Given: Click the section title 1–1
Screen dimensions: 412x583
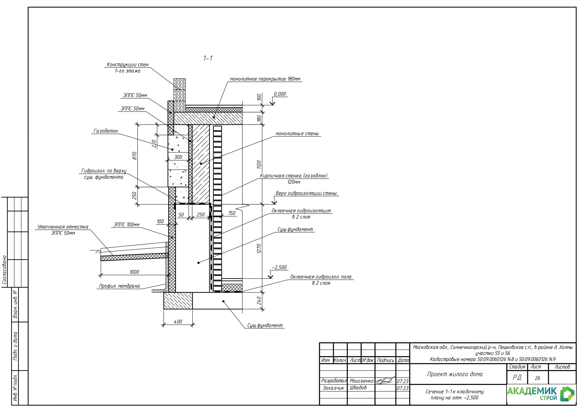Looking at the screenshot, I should click(208, 58).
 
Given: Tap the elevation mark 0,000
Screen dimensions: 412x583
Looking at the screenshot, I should click(280, 94).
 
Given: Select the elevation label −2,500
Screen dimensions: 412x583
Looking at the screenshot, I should click(279, 267).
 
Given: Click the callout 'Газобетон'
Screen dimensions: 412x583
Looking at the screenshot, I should click(106, 131).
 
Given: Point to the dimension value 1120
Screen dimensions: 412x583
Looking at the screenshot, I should click(259, 165).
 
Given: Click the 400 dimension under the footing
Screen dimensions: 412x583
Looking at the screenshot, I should click(178, 322).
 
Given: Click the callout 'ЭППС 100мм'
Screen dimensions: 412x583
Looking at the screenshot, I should click(126, 225).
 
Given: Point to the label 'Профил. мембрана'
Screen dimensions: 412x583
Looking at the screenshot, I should click(119, 286).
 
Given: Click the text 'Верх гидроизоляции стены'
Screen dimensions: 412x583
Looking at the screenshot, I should click(306, 193).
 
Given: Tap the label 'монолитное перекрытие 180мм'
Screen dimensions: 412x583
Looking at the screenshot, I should click(265, 79).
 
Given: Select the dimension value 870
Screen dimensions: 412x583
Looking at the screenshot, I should click(135, 156).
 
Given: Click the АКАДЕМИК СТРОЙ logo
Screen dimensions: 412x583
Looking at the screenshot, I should click(541, 394).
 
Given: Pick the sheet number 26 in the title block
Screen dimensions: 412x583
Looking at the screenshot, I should click(537, 378).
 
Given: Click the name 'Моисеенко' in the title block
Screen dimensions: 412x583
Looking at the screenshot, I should click(361, 381).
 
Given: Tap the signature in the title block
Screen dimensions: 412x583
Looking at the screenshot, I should click(385, 381).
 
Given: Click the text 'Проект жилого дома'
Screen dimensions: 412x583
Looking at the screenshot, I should click(455, 374).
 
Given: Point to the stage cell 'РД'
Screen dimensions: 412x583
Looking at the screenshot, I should click(517, 378).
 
